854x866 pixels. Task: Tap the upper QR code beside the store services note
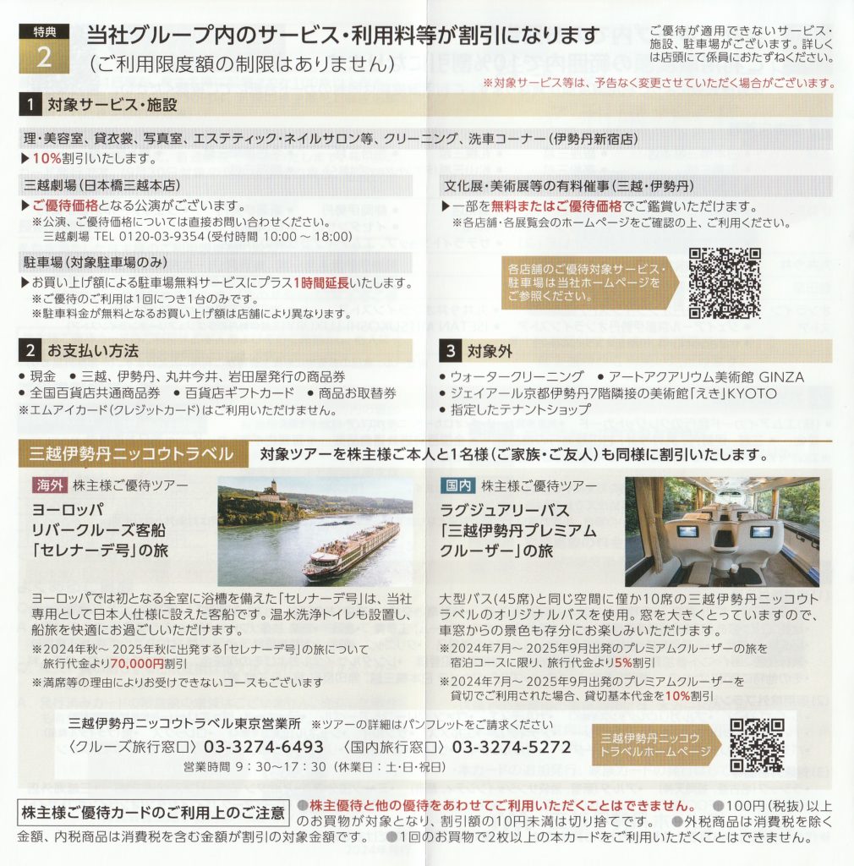[725, 282]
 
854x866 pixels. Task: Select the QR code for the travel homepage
[757, 745]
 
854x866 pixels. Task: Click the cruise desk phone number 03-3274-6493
[263, 747]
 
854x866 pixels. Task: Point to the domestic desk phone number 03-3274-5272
[512, 747]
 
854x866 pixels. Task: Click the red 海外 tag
[50, 485]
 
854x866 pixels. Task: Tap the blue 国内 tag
[458, 485]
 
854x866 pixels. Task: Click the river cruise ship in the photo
[351, 550]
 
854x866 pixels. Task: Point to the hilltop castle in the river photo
[271, 491]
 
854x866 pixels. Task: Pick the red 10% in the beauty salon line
[47, 158]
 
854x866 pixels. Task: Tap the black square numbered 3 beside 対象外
[451, 351]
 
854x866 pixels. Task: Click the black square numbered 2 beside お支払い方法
[30, 350]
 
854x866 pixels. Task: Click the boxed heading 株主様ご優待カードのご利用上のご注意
[153, 813]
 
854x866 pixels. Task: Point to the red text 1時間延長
[320, 282]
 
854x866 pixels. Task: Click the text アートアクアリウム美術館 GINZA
[706, 376]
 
